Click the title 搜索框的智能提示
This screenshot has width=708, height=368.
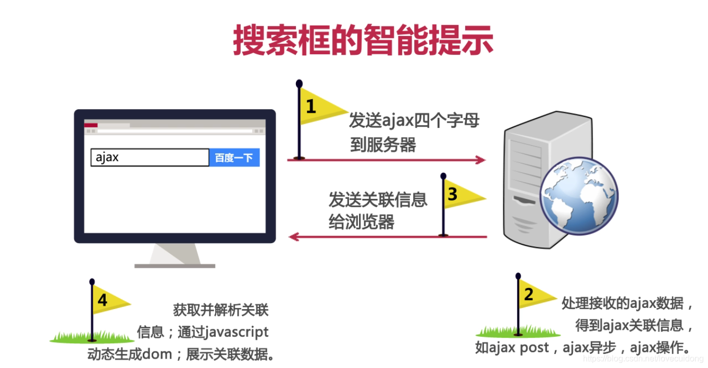coord(363,41)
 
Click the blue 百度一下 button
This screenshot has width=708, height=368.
coord(234,158)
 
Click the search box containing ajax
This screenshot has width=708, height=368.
coord(150,158)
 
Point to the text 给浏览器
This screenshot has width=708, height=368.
coord(361,222)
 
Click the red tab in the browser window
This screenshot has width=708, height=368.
coord(91,125)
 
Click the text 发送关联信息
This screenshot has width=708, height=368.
coord(378,199)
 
